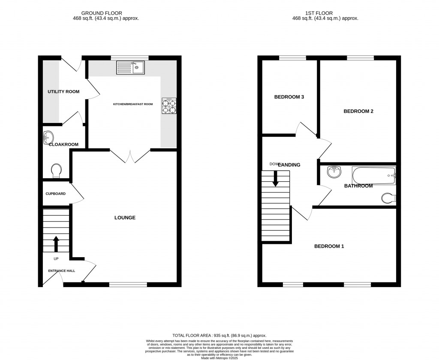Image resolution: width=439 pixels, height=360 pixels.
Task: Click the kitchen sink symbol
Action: (x=131, y=67)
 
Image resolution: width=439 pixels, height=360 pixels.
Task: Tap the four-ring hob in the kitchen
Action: (x=169, y=106)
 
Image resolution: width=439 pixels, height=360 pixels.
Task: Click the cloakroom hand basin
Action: (x=48, y=138)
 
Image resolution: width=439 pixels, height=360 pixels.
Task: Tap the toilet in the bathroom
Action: (x=388, y=198)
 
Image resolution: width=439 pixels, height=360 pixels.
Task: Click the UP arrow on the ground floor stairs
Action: (x=56, y=244)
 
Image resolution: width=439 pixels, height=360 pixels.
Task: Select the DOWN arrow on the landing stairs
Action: (x=275, y=178)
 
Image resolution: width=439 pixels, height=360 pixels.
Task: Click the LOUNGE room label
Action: (x=125, y=218)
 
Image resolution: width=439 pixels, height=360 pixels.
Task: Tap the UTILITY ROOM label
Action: (x=63, y=91)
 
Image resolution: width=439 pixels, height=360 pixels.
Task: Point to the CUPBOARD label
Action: (x=56, y=194)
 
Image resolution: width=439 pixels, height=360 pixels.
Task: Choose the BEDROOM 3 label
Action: (x=289, y=97)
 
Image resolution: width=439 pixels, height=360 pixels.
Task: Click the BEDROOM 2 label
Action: (x=358, y=111)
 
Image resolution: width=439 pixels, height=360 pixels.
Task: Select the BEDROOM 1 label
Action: (x=329, y=246)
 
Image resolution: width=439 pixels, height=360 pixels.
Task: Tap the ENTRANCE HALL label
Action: (x=61, y=270)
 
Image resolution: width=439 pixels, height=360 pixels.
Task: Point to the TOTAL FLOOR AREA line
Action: (x=219, y=336)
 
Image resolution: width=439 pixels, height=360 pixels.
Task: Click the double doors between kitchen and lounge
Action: (x=130, y=156)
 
